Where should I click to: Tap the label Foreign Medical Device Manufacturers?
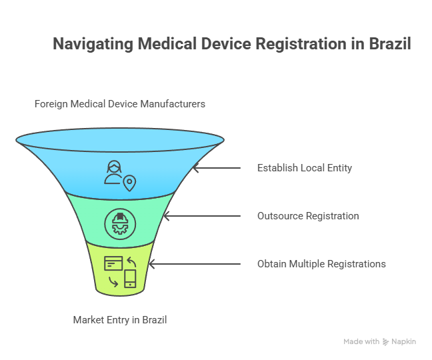click(x=120, y=104)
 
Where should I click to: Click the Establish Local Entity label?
click(x=304, y=168)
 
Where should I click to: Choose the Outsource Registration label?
click(x=308, y=216)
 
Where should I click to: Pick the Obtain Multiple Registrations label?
click(x=321, y=264)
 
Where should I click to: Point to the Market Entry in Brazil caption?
click(x=120, y=320)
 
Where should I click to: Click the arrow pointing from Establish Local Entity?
click(x=216, y=168)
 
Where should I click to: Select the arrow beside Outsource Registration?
click(x=201, y=216)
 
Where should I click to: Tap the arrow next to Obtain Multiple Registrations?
click(x=194, y=264)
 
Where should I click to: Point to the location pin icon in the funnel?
click(x=129, y=183)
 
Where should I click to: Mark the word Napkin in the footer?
click(x=404, y=341)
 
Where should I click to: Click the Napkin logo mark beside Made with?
click(x=386, y=341)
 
